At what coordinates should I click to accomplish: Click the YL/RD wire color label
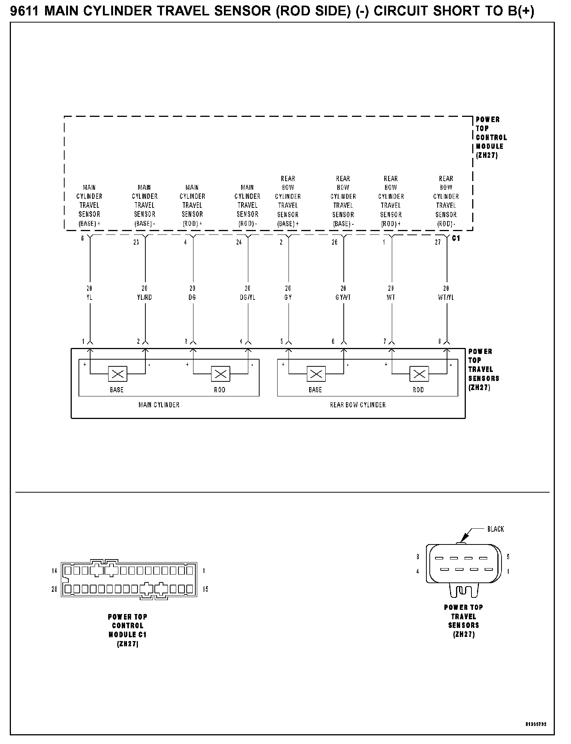[145, 298]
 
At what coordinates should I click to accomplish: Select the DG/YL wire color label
[248, 298]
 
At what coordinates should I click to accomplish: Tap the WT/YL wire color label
[446, 298]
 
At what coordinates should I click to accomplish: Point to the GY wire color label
[288, 298]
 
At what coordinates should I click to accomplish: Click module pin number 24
[239, 242]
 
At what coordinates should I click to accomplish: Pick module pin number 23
[136, 242]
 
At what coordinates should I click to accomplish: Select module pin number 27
[438, 242]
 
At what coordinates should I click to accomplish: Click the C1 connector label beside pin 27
[456, 238]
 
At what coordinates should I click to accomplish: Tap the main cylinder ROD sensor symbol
[221, 374]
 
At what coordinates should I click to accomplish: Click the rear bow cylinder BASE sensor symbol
[316, 374]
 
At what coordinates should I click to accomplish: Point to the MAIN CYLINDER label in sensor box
[159, 405]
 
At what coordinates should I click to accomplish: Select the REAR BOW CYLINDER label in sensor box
[358, 405]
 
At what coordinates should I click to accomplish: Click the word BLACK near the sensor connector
[495, 529]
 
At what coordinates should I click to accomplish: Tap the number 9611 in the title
[24, 11]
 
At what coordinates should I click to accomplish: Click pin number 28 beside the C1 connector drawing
[54, 589]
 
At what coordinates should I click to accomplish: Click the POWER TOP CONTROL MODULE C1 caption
[128, 630]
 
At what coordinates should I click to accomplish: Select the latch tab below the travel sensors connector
[464, 591]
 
